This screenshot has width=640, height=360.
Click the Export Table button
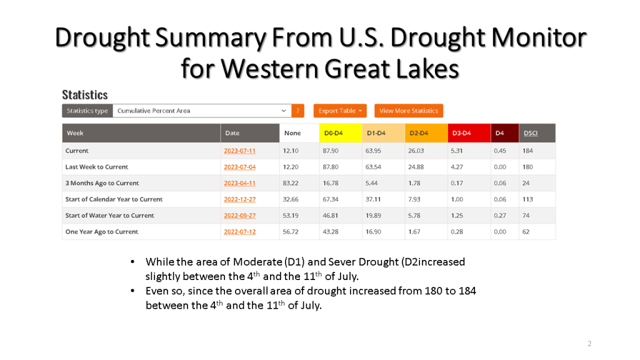[340, 111]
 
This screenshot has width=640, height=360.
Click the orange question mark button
[298, 111]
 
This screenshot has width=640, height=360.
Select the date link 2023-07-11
[239, 151]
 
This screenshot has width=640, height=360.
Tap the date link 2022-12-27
[239, 199]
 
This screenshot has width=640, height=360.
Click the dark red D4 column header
[500, 133]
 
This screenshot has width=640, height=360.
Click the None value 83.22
[291, 183]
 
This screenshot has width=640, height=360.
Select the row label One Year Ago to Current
[102, 232]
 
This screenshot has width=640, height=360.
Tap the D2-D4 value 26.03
[416, 151]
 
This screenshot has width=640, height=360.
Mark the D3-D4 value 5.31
[459, 151]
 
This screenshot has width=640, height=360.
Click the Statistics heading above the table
[85, 95]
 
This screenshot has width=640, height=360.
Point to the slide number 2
[589, 343]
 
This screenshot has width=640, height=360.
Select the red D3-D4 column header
[461, 133]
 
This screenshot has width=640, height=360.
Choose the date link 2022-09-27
[239, 216]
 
